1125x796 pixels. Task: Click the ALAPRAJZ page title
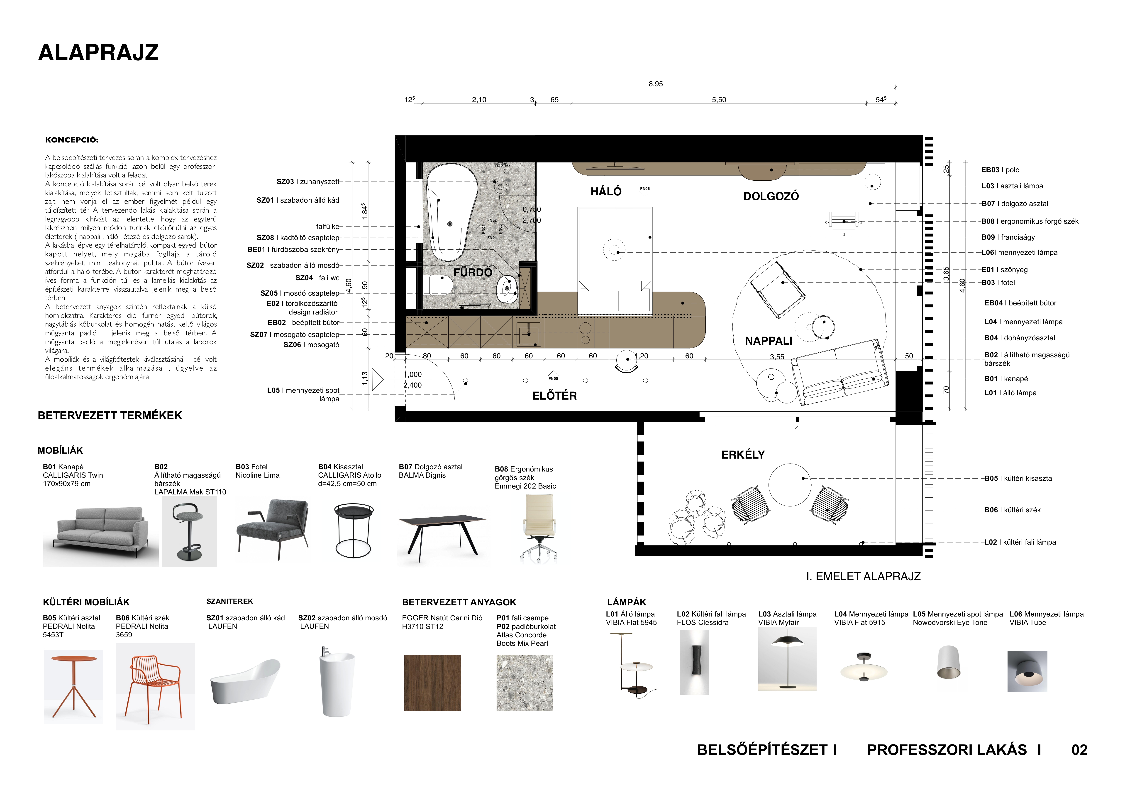(x=98, y=52)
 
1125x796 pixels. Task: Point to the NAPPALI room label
(x=768, y=341)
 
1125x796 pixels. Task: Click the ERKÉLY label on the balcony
(x=743, y=455)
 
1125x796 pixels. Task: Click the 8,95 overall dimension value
(x=656, y=84)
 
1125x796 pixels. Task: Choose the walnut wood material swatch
(x=432, y=683)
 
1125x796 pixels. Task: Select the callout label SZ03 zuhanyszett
(x=308, y=182)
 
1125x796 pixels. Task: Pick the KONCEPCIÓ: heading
(x=71, y=140)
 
